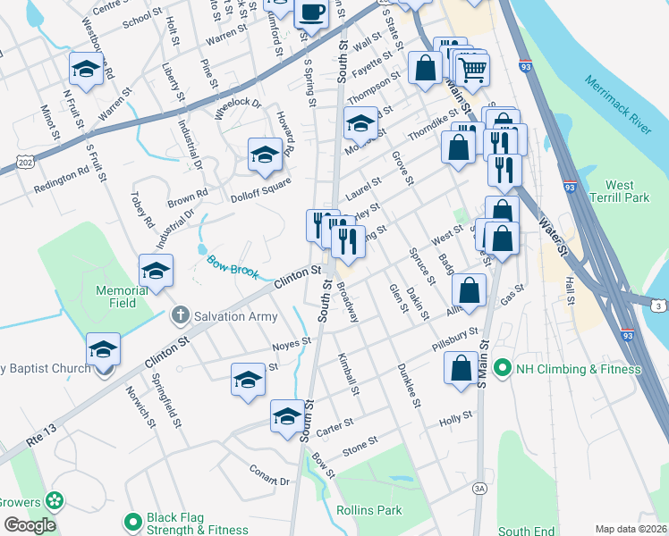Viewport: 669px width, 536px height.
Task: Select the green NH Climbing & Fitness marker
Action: [502, 368]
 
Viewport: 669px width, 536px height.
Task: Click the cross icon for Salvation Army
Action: [181, 314]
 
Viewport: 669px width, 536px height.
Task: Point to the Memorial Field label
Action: [122, 297]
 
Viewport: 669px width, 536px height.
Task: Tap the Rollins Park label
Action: [368, 510]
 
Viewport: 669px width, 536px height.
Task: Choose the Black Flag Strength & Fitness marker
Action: [133, 521]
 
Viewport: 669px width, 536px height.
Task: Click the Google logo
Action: [30, 525]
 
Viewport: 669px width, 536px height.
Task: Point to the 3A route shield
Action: [479, 489]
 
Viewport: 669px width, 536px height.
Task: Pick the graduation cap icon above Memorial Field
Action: [156, 270]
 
